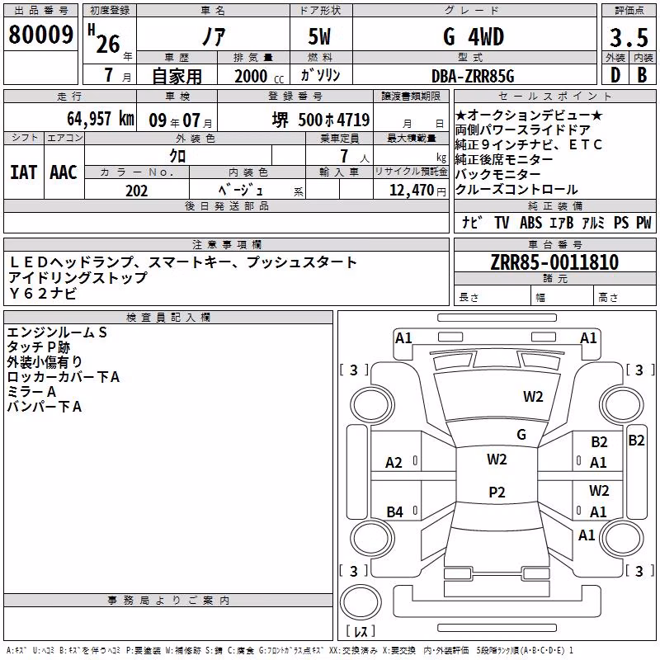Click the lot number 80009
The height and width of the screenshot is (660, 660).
coord(40,35)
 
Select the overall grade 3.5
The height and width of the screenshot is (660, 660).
coord(629,38)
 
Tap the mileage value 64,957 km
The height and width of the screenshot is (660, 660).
coord(101,119)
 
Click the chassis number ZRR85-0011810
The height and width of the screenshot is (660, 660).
coord(554,262)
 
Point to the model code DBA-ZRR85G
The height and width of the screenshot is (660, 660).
coord(473,76)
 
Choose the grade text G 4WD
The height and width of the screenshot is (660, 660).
coord(474,36)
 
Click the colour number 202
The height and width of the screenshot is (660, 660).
coord(136,191)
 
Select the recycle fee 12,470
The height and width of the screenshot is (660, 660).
coord(411,191)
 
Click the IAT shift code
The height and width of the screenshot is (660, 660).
coord(23,172)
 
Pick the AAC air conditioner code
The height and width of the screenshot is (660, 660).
coord(64,172)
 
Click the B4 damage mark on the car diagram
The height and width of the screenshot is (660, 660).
coord(394,511)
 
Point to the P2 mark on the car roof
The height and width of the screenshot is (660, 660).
coord(497,492)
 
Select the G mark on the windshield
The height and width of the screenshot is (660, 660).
coord(521,435)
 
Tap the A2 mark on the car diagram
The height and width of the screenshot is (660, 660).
coord(394,463)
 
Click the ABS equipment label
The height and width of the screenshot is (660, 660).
coord(530,223)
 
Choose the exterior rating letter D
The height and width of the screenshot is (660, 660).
coord(615,75)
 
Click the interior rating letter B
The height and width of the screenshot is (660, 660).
coord(643,75)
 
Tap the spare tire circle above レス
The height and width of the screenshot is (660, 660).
coord(360,601)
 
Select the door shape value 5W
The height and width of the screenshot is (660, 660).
coord(319,36)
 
